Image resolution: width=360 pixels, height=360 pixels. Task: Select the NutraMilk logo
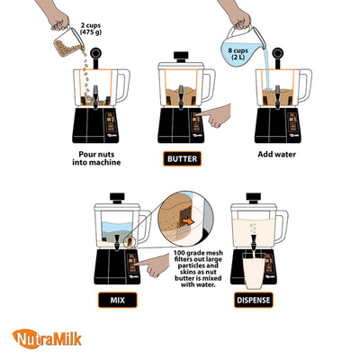[x=47, y=339]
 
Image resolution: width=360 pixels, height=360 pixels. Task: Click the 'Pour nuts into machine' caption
[x=94, y=160]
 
